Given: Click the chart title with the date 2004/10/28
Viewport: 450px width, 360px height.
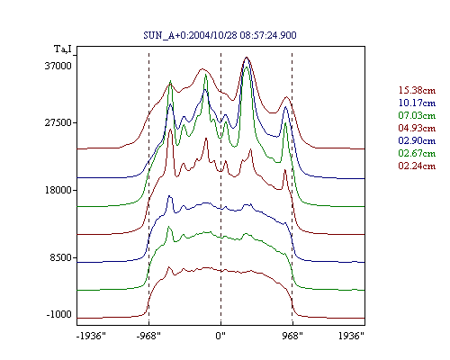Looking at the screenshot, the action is click(x=220, y=35).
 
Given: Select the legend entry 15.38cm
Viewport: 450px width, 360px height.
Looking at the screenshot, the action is click(x=417, y=90).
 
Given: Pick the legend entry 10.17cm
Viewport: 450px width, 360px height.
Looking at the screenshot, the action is click(x=417, y=103).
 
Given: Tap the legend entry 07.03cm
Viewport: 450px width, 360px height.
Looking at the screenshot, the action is click(x=417, y=115).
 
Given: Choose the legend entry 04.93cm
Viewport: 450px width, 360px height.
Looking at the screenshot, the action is click(x=417, y=128).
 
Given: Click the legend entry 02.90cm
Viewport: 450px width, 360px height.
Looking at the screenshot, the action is click(x=417, y=140).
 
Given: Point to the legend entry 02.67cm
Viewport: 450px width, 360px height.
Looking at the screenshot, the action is click(x=417, y=153).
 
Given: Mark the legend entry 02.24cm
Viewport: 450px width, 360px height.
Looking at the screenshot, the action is click(x=417, y=166).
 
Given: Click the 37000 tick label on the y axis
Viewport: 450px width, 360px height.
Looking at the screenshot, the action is click(x=58, y=66).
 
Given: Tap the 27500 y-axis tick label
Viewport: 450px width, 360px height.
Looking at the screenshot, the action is click(x=58, y=123).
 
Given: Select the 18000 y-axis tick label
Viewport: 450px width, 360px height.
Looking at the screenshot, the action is click(x=58, y=190).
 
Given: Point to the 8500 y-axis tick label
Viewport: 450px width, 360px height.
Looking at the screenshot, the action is click(x=61, y=257).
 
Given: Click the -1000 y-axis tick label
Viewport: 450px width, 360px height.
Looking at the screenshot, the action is click(x=59, y=314).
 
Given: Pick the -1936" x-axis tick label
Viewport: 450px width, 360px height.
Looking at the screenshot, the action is click(x=91, y=336).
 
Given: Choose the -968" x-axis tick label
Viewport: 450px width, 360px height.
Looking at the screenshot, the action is click(x=148, y=336).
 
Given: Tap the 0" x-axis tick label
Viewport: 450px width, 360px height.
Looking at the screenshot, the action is click(x=220, y=336).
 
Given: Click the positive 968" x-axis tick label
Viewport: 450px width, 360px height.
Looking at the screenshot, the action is click(x=292, y=336).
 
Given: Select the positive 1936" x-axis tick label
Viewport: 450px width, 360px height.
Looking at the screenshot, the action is click(x=351, y=336).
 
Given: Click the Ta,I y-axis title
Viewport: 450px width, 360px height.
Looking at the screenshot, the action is click(x=63, y=49).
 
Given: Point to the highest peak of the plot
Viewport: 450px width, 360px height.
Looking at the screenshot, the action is click(x=247, y=57).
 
